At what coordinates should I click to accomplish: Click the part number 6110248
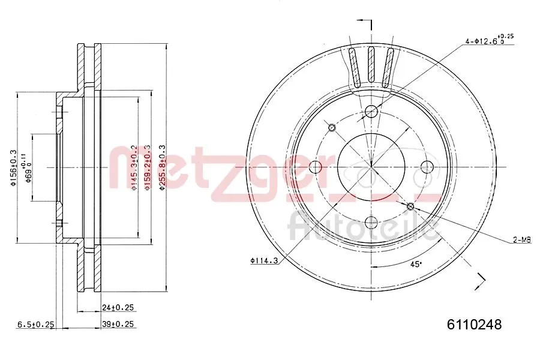474,325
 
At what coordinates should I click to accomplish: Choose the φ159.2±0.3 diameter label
148,167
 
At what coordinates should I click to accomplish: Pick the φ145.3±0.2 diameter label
134,167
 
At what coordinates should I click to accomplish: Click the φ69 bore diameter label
26,167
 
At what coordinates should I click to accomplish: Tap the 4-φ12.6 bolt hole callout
488,40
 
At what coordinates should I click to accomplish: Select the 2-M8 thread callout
521,240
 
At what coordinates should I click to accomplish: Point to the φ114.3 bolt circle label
265,260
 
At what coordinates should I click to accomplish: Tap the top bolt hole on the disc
371,111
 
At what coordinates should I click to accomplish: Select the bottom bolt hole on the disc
371,223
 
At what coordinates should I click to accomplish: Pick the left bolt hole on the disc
316,167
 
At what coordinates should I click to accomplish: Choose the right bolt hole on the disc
427,167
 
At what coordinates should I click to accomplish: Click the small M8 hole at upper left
332,127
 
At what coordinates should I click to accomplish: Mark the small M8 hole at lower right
411,207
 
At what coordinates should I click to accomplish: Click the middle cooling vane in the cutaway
371,65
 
